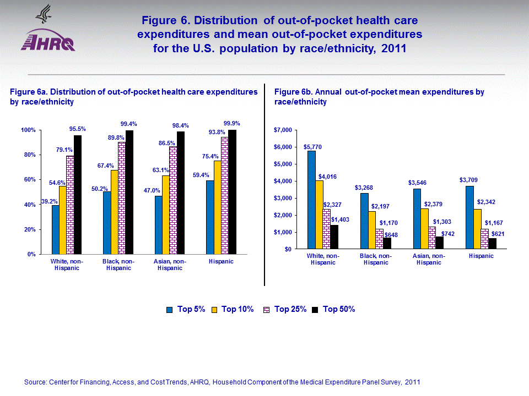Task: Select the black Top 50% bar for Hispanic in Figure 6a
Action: [232, 192]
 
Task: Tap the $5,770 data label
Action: [312, 147]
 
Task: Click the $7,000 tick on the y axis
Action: [283, 130]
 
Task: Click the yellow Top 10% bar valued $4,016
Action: [319, 215]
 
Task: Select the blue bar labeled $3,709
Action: [469, 217]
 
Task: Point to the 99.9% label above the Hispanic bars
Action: [232, 123]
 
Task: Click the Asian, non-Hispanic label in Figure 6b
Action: [428, 259]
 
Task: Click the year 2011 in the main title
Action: [393, 48]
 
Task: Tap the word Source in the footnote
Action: [35, 382]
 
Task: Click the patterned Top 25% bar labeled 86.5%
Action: [173, 200]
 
